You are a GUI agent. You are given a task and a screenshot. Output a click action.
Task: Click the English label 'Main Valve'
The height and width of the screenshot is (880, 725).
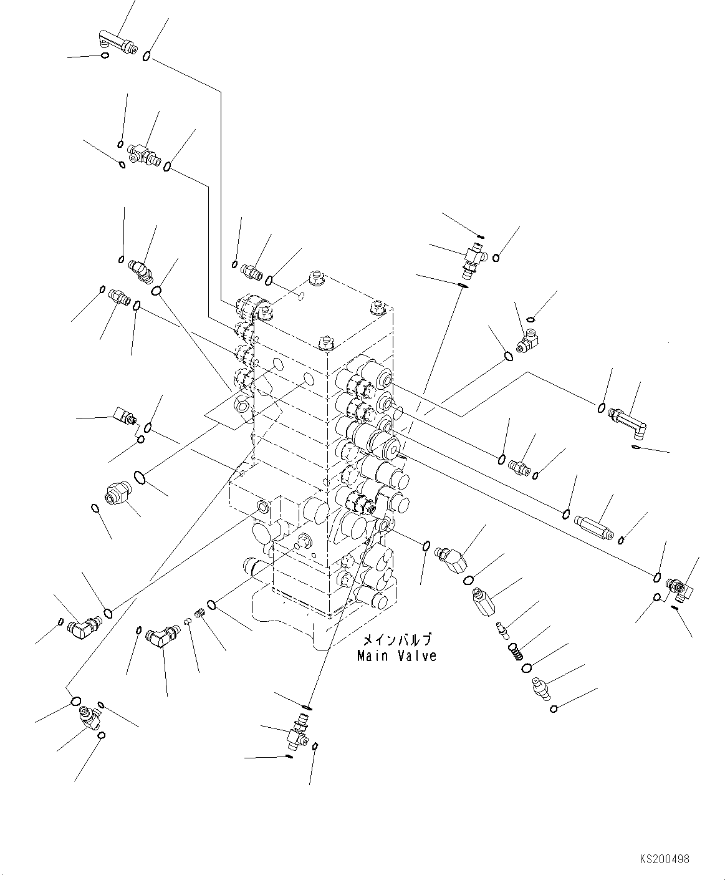[x=396, y=656]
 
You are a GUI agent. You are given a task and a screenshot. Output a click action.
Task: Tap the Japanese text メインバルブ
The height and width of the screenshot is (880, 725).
[x=396, y=641]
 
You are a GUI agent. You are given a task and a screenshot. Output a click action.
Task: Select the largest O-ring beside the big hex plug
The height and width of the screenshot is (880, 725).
[x=142, y=478]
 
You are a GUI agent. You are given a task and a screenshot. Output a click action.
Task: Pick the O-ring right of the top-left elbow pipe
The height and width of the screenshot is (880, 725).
[x=146, y=57]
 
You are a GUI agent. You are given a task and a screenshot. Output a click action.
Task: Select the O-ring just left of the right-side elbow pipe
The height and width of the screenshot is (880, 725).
[x=602, y=408]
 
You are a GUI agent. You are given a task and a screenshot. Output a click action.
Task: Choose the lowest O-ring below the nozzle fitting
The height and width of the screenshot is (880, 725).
[x=554, y=708]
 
